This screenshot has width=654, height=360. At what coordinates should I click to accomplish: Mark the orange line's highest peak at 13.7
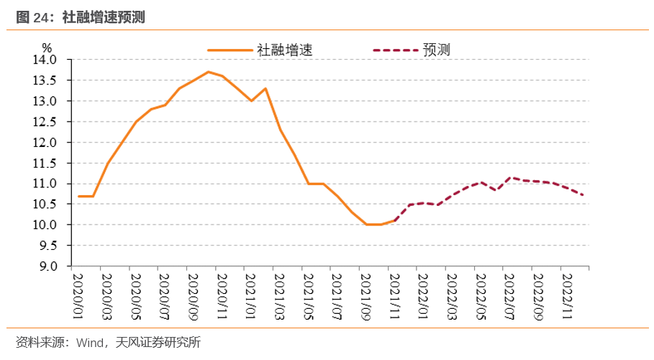208,72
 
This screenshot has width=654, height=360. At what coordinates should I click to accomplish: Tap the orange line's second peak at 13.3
265,89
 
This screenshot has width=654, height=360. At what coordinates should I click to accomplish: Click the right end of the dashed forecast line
583,195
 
